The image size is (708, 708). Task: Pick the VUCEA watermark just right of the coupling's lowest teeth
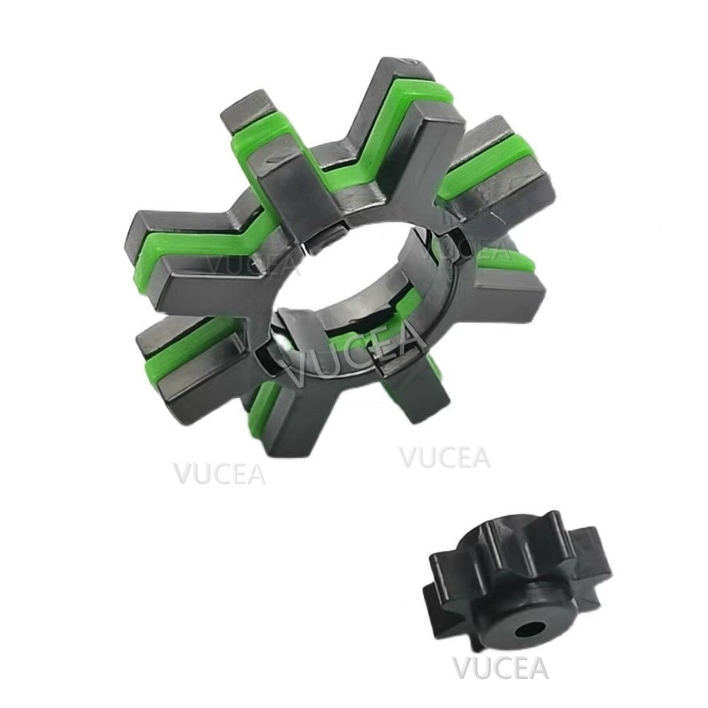click(x=445, y=457)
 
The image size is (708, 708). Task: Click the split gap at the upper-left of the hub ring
click(x=316, y=244)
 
